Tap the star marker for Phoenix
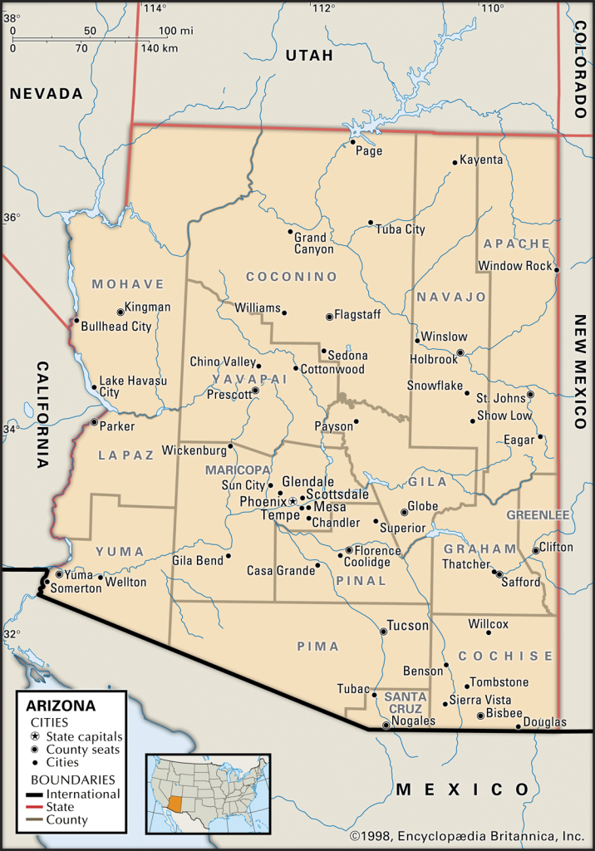click(293, 501)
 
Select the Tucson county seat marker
click(383, 632)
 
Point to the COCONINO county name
click(292, 276)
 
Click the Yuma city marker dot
click(59, 574)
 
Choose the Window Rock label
click(514, 266)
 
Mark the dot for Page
click(353, 141)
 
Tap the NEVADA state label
click(47, 94)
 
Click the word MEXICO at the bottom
click(462, 789)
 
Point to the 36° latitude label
click(11, 218)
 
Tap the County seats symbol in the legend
click(35, 750)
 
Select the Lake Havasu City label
click(132, 386)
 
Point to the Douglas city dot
click(519, 727)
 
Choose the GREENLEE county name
click(538, 515)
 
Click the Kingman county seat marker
click(120, 312)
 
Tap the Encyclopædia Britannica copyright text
click(467, 836)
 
